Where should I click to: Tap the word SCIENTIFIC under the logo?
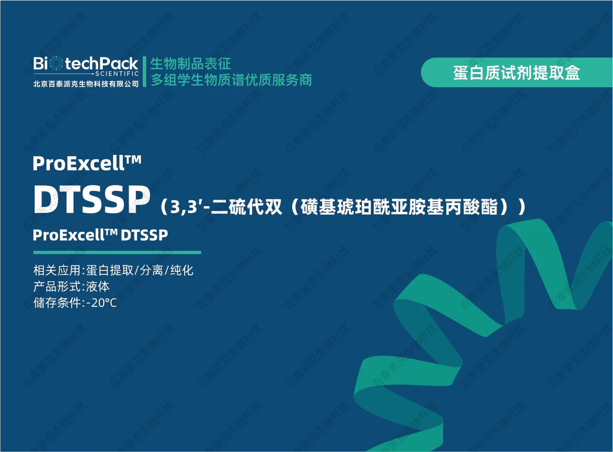click(x=116, y=74)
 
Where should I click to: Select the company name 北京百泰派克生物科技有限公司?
click(x=86, y=84)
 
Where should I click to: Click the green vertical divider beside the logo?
click(x=144, y=72)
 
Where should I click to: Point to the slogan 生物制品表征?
click(x=191, y=63)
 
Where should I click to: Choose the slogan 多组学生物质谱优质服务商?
click(x=231, y=80)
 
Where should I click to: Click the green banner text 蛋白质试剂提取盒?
click(x=517, y=73)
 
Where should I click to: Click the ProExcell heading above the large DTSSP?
click(x=78, y=164)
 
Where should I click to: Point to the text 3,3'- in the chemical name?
click(x=190, y=207)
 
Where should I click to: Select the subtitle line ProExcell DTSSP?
click(x=100, y=235)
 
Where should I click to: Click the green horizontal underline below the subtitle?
click(x=117, y=252)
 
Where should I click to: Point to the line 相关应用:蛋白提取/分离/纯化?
click(x=114, y=270)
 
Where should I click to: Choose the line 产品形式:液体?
click(x=72, y=286)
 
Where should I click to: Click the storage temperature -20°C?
click(x=101, y=303)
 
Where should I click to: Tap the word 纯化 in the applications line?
click(x=182, y=270)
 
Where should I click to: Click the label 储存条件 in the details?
click(x=57, y=303)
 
